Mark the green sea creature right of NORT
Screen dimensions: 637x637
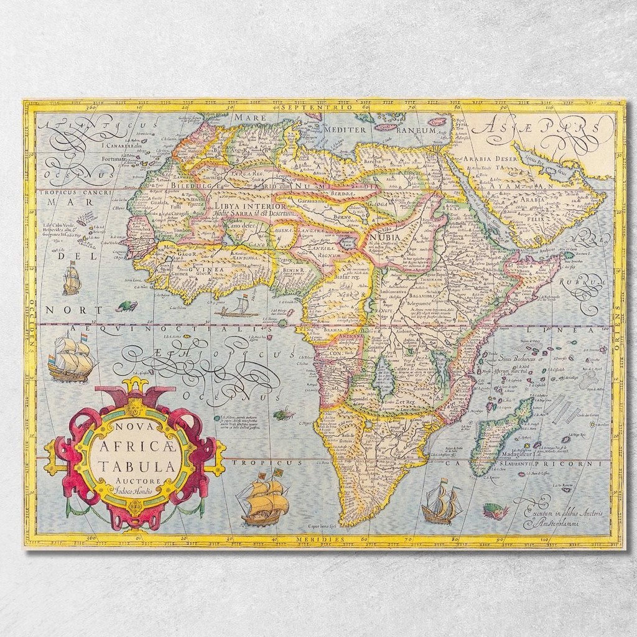pyautogui.click(x=128, y=306)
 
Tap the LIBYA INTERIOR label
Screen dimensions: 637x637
pyautogui.click(x=249, y=206)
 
